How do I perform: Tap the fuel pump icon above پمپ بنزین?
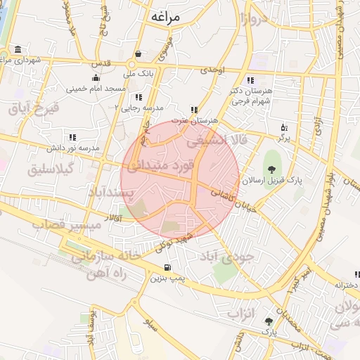click(x=166, y=267)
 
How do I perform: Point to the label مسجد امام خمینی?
click(x=96, y=89)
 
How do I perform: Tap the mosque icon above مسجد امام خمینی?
click(x=96, y=78)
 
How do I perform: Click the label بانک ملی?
click(x=137, y=72)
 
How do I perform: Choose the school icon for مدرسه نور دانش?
click(x=71, y=138)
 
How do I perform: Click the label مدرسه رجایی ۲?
click(x=139, y=108)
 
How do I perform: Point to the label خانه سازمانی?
click(x=96, y=257)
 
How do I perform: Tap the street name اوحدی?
click(x=211, y=70)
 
